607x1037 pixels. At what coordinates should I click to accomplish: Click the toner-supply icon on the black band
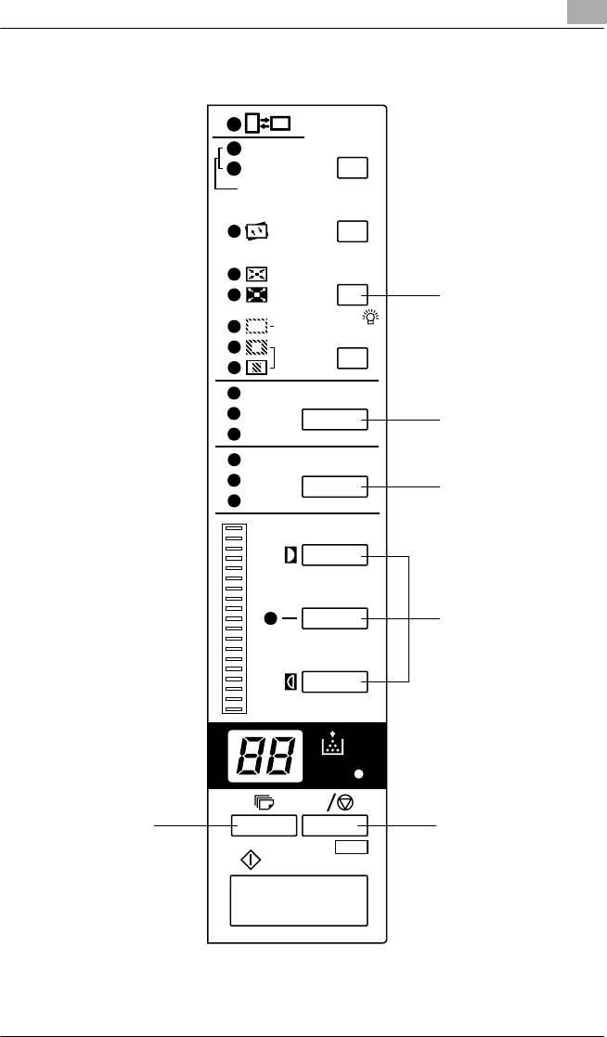[333, 745]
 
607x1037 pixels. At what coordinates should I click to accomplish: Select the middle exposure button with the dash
[335, 618]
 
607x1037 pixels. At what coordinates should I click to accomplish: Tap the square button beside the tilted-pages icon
[353, 231]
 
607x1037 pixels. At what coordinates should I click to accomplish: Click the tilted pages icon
[256, 232]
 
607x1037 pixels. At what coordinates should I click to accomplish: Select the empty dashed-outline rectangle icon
[256, 327]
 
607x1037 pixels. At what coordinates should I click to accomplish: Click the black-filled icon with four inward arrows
[256, 295]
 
